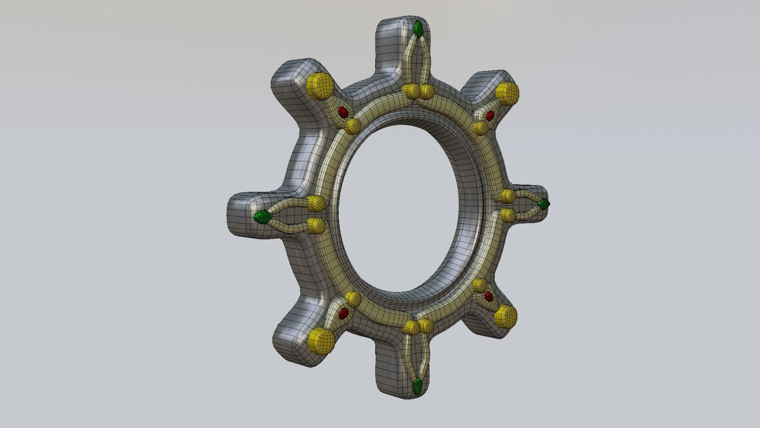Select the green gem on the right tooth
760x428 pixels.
tap(544, 204)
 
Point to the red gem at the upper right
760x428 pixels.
tap(490, 116)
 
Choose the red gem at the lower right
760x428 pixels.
tap(488, 296)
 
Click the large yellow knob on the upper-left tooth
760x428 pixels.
tap(319, 86)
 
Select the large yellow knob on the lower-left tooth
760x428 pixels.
tap(321, 340)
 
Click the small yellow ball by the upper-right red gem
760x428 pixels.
tap(481, 128)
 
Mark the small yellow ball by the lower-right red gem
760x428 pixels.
tap(479, 285)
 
